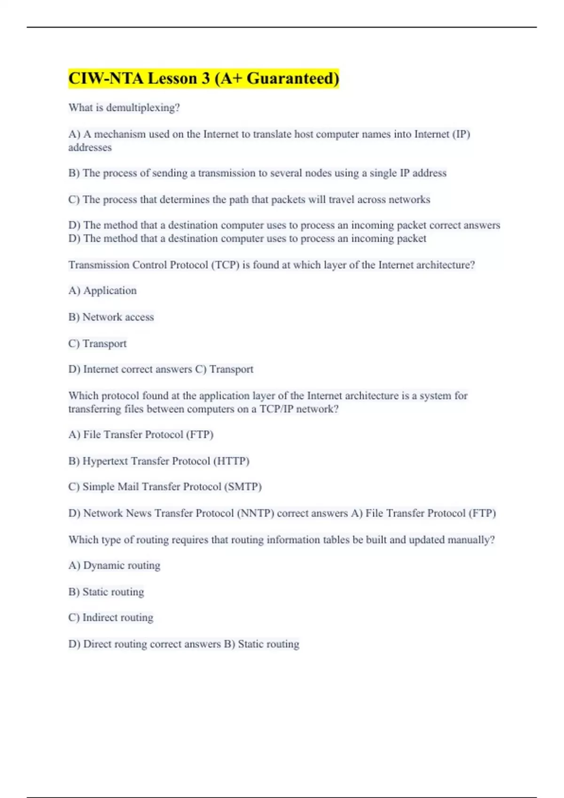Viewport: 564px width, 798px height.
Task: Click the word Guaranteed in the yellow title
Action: tap(292, 78)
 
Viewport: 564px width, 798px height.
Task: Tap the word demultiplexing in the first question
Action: tap(142, 107)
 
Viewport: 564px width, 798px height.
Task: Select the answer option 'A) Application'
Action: tap(102, 291)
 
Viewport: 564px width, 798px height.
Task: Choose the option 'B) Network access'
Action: tap(111, 317)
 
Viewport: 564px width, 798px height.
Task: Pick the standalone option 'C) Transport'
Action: tap(97, 344)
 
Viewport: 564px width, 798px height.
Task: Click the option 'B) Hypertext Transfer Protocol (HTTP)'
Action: tap(159, 461)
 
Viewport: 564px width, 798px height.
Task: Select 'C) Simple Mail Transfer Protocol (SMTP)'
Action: tap(165, 487)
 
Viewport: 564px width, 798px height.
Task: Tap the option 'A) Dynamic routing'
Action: tap(114, 565)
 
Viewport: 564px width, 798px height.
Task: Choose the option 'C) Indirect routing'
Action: tap(111, 617)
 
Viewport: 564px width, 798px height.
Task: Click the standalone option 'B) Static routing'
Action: tap(106, 591)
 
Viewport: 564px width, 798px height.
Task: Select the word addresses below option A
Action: tap(90, 147)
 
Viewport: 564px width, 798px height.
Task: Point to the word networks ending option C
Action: tap(409, 199)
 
